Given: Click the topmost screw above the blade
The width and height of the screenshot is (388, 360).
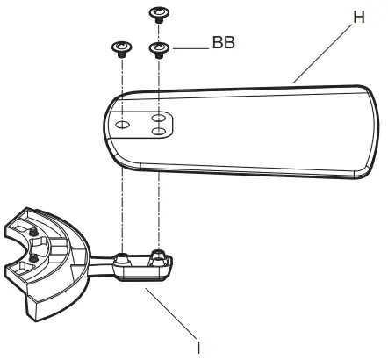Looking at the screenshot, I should pyautogui.click(x=159, y=13).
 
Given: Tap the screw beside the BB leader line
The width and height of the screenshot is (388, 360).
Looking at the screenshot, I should pyautogui.click(x=159, y=47).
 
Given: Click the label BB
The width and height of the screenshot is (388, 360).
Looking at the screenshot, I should pyautogui.click(x=223, y=42).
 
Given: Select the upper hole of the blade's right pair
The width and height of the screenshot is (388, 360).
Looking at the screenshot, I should pyautogui.click(x=159, y=117).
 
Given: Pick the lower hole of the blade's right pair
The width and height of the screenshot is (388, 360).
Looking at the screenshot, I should pyautogui.click(x=159, y=132).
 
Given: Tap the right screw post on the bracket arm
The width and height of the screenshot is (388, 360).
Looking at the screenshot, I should pyautogui.click(x=159, y=256).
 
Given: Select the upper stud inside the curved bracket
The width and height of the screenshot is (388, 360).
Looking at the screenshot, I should pyautogui.click(x=33, y=231).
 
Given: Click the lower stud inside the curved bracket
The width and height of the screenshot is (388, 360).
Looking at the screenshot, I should pyautogui.click(x=32, y=259).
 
